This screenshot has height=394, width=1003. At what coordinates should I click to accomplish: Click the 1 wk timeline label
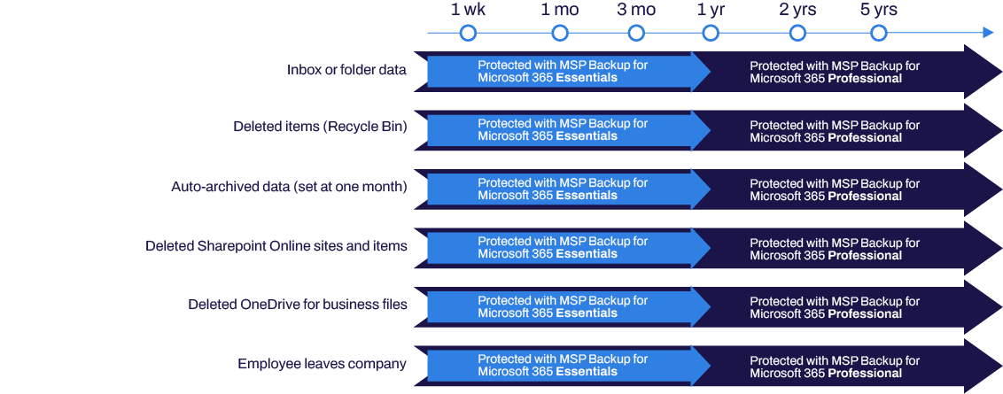tap(468, 10)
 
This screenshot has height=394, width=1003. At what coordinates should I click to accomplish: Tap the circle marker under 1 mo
tap(559, 34)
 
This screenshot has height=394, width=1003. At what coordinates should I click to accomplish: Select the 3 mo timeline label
tap(636, 10)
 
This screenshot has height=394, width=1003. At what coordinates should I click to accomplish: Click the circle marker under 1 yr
tap(710, 34)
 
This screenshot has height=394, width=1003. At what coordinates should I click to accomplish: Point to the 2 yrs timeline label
tap(797, 10)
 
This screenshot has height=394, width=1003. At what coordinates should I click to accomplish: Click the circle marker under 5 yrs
tap(878, 34)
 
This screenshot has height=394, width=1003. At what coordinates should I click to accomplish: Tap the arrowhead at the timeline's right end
tap(988, 34)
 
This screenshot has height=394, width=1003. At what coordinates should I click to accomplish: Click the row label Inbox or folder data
tap(346, 69)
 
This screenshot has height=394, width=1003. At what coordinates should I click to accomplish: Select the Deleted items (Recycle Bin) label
tap(320, 127)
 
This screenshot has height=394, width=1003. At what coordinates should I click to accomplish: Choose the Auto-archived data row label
tap(289, 187)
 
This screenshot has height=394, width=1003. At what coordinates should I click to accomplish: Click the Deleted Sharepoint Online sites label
tap(276, 245)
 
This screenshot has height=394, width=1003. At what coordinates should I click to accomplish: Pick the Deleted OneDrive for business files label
tap(298, 305)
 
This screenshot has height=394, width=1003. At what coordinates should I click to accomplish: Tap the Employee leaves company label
tap(322, 364)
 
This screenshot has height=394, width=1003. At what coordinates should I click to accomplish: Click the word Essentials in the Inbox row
tap(587, 78)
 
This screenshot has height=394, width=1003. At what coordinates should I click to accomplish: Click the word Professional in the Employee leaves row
tap(864, 374)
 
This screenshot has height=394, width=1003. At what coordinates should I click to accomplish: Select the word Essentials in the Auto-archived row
tap(587, 196)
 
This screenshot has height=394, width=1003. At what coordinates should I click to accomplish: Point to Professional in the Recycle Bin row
tap(864, 138)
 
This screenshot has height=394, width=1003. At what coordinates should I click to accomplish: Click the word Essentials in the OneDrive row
tap(587, 313)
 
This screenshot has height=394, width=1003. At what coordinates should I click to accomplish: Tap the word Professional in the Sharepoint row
tap(864, 256)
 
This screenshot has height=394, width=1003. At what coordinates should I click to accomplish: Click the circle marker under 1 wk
tap(468, 34)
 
